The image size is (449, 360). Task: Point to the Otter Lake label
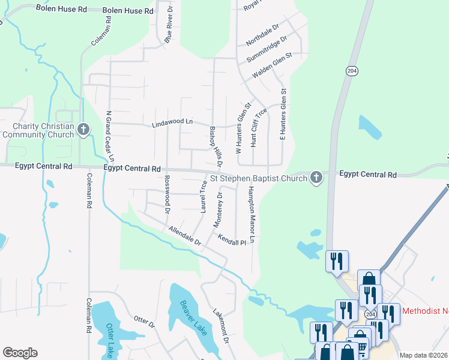coord(111,338)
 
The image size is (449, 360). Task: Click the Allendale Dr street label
coord(184,235)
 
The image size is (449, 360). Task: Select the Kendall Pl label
coord(232,239)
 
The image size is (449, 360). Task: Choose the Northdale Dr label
coord(263,35)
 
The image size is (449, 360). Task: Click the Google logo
coord(20,353)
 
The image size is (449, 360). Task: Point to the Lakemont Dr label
coord(221,326)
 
